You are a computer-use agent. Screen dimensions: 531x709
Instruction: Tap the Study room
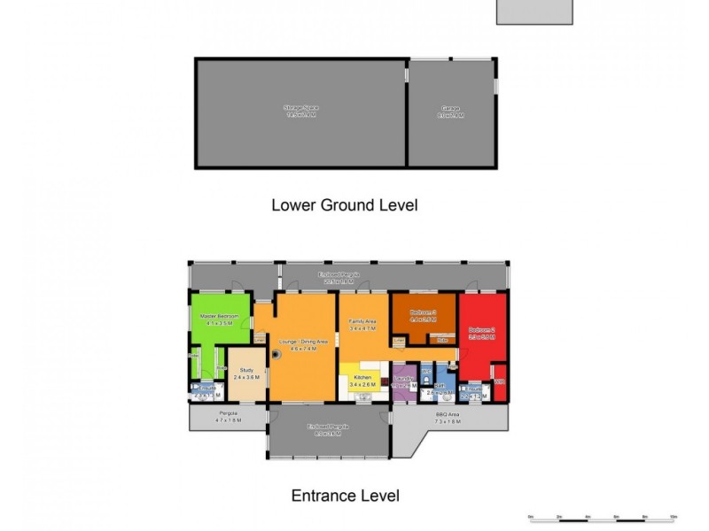245,373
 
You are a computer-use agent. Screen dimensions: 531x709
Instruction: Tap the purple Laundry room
404,384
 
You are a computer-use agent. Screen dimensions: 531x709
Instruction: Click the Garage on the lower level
451,112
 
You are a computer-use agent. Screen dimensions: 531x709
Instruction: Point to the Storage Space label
300,108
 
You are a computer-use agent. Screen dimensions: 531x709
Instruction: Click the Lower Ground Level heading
344,205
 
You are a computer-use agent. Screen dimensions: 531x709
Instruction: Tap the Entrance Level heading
345,496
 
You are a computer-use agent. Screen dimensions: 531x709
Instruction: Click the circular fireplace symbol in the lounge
277,354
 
